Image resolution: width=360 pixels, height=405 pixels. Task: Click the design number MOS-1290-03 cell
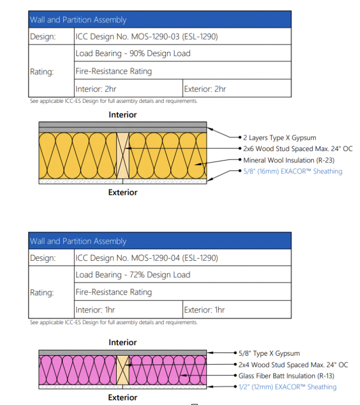[183, 36]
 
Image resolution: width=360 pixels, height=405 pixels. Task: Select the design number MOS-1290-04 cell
[183, 258]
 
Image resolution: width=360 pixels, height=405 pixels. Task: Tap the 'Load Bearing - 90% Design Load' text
[133, 53]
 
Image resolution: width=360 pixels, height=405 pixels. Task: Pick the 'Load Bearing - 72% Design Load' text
[133, 275]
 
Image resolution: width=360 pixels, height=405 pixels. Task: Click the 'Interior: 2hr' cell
[129, 88]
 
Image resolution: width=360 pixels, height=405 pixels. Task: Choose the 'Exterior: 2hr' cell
[237, 88]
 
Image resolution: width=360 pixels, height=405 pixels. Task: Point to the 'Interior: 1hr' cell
[129, 309]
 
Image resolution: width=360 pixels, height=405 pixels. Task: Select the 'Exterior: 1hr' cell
[237, 309]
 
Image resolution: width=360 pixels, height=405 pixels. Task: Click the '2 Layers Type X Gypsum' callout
[280, 138]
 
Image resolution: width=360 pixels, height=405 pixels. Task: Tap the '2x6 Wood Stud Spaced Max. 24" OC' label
[298, 149]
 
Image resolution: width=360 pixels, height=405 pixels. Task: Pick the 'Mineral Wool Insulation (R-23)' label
[289, 160]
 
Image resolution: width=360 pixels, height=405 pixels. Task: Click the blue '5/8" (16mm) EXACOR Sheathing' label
[293, 171]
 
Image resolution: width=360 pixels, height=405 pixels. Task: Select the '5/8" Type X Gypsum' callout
[269, 354]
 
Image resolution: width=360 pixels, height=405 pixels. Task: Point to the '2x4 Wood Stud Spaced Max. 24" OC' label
[293, 365]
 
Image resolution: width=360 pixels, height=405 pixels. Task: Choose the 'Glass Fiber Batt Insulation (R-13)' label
[286, 376]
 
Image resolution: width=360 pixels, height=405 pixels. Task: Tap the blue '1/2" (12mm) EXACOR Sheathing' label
[287, 387]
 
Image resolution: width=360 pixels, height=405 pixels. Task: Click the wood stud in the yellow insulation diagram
[122, 155]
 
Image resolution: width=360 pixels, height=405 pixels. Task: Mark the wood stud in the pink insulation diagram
[122, 370]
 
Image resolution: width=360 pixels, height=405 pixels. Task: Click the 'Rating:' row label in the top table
[42, 72]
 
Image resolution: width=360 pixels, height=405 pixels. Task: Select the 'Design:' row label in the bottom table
[43, 258]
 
